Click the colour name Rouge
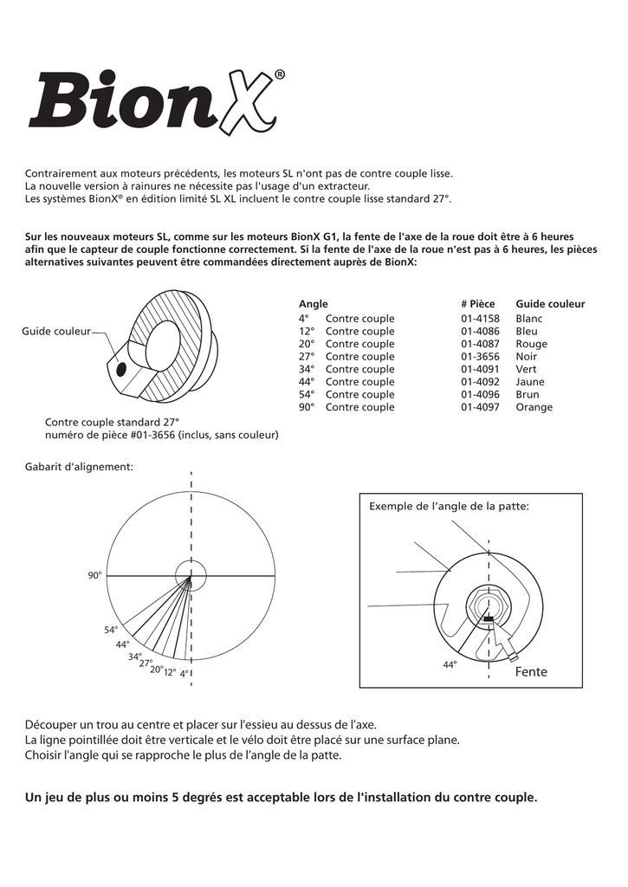point(531,344)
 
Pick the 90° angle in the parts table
point(304,407)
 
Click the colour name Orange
point(534,407)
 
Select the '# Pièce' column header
point(477,304)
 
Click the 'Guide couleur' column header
point(550,304)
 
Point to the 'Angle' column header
point(313,304)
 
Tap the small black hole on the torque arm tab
point(120,369)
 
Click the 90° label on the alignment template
point(94,575)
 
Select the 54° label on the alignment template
point(111,630)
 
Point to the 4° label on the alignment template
point(185,673)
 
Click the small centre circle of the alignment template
point(191,575)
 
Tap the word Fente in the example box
point(531,672)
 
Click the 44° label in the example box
point(450,664)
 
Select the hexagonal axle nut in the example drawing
point(489,604)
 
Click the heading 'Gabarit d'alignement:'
point(80,467)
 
